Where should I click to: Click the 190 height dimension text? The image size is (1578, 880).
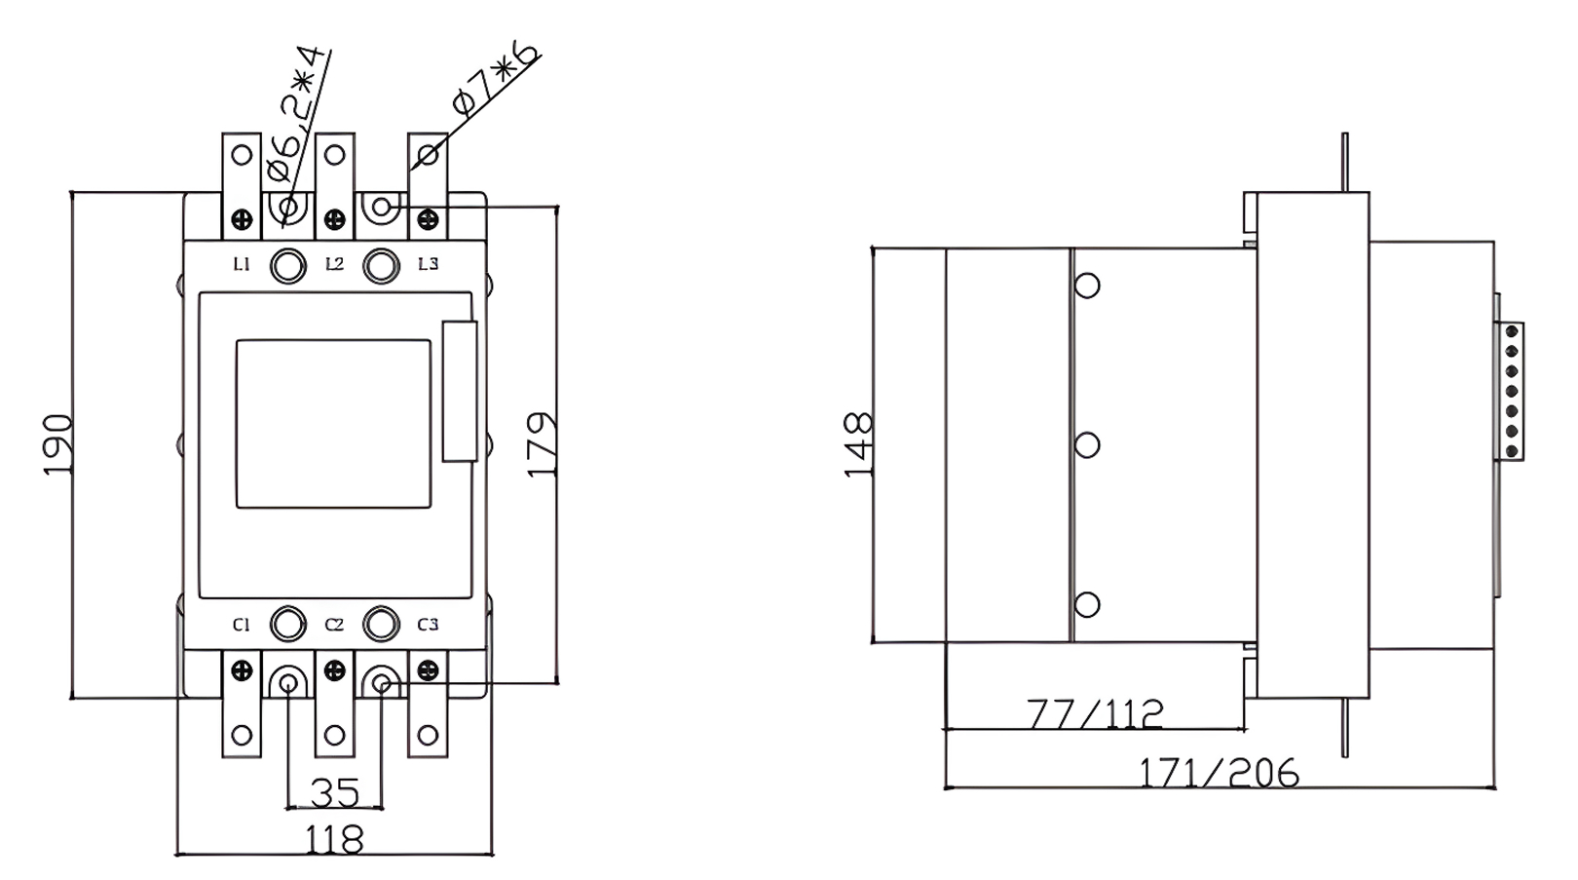[58, 444]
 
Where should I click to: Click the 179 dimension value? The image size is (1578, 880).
[542, 444]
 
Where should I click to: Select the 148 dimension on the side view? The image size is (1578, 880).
[858, 444]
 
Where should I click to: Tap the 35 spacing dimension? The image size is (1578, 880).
[334, 792]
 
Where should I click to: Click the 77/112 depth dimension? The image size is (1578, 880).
[1095, 713]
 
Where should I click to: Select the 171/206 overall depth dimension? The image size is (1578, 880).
[1219, 773]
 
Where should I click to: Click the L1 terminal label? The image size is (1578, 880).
[242, 264]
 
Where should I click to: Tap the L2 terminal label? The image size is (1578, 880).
[334, 264]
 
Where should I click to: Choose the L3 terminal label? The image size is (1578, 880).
[428, 264]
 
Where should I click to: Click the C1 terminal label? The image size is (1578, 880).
[242, 625]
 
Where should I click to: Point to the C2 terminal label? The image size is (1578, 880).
[334, 625]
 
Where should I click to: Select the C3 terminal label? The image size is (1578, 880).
[428, 625]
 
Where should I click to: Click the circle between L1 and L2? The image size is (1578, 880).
[287, 265]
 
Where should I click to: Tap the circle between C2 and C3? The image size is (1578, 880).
[381, 624]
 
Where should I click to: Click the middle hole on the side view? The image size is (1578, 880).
[1087, 445]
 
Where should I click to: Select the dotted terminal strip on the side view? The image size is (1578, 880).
[1512, 390]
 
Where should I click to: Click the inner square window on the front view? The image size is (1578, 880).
[333, 424]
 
